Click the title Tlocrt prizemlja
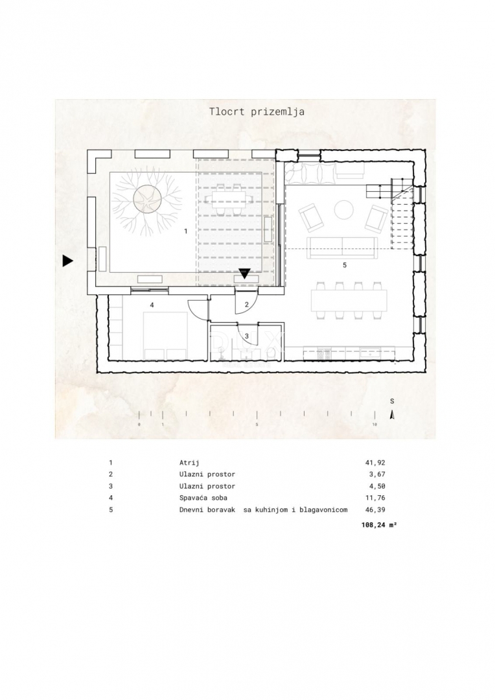(257, 111)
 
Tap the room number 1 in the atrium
(186, 231)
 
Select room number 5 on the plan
(345, 265)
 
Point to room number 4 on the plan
(152, 305)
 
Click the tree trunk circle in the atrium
(147, 199)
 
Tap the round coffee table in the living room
(343, 210)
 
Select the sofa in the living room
(342, 248)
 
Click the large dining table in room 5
(349, 301)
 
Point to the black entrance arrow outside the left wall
(67, 261)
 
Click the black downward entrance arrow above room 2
(245, 274)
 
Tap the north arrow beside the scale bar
(392, 414)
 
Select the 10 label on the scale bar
(374, 424)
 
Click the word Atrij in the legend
(189, 463)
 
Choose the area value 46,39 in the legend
(375, 510)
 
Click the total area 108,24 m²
(379, 526)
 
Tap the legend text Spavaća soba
(203, 498)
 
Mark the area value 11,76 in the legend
(375, 498)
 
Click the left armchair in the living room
(312, 217)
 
